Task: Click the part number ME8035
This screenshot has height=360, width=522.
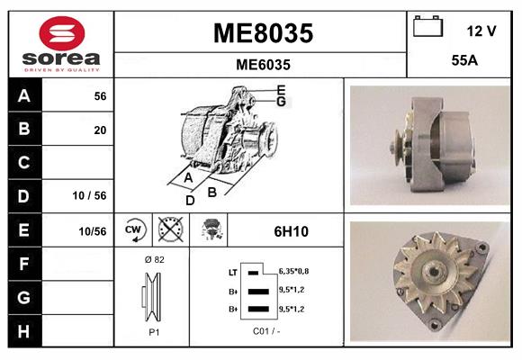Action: coord(263,33)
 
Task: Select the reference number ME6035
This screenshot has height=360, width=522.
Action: coord(263,65)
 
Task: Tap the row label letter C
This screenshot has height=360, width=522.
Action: coord(23,163)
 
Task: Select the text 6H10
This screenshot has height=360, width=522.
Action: coord(291,231)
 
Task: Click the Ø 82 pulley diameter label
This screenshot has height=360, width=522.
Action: coord(153,259)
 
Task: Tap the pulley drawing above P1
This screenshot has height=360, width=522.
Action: coord(153,296)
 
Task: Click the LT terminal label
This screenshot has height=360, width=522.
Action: coord(232,271)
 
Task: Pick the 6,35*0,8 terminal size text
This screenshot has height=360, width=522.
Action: coord(294,270)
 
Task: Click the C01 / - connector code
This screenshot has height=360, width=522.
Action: coord(267,331)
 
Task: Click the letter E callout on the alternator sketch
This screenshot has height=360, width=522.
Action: coord(281,89)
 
